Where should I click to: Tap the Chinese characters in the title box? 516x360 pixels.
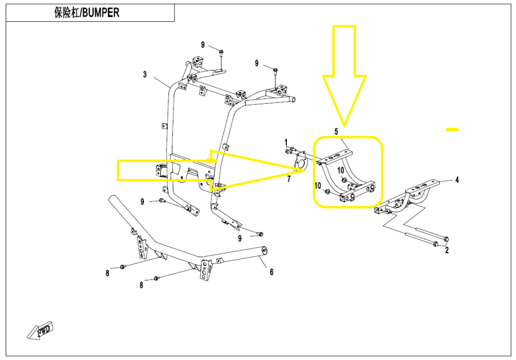coord(65,13)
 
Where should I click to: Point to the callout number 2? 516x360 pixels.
coord(447,251)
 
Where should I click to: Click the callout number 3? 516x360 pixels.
coord(145,75)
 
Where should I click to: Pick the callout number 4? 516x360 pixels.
coord(456,180)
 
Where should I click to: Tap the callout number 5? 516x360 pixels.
coord(336,132)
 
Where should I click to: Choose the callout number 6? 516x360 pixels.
coord(271,272)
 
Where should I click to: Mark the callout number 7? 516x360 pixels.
coord(289,179)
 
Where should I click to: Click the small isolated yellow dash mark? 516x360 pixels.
coord(452,129)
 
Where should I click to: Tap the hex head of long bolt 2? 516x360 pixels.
coord(445,239)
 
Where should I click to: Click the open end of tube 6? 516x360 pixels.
coord(264,251)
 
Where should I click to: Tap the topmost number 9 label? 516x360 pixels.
coord(203,44)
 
